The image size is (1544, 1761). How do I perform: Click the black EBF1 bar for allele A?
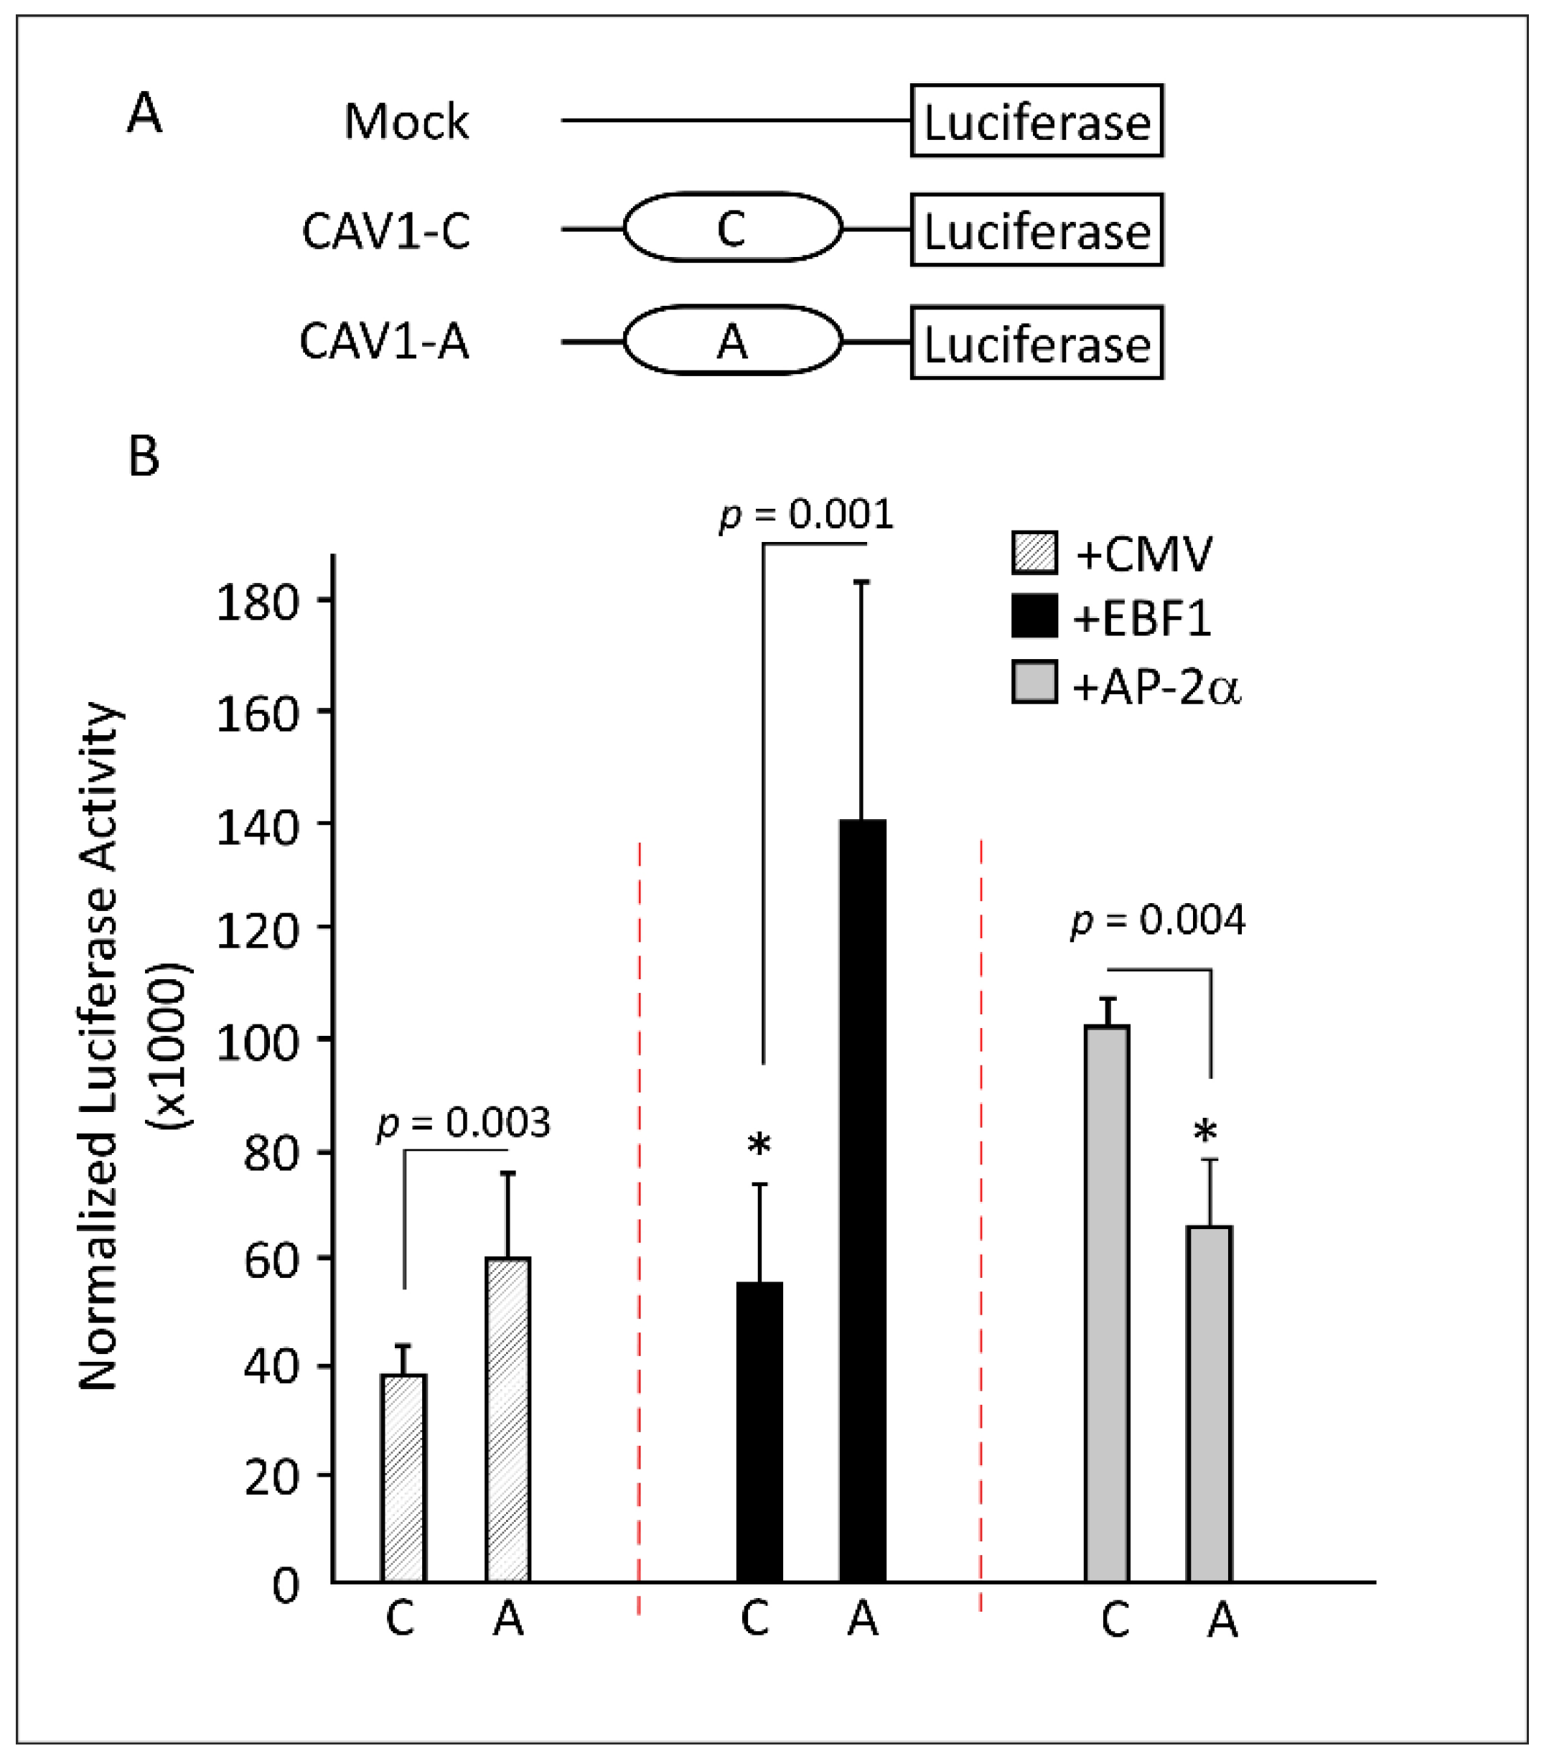(863, 1202)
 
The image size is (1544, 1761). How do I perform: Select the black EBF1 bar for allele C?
(760, 1434)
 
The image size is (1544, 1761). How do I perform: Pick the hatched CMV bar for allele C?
(403, 1480)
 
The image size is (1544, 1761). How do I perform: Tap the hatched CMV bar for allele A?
(507, 1421)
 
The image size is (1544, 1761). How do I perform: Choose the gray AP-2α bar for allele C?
(1107, 1305)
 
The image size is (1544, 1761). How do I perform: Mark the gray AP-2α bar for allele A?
(1210, 1406)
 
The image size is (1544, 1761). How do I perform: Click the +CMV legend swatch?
(1034, 552)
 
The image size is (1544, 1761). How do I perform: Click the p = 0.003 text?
(464, 1124)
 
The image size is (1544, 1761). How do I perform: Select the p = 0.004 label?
(1157, 921)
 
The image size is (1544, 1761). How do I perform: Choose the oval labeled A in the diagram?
(732, 341)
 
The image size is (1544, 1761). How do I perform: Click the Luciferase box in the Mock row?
(1037, 121)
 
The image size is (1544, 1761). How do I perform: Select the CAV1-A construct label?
(384, 341)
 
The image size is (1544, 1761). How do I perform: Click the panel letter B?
(144, 457)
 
